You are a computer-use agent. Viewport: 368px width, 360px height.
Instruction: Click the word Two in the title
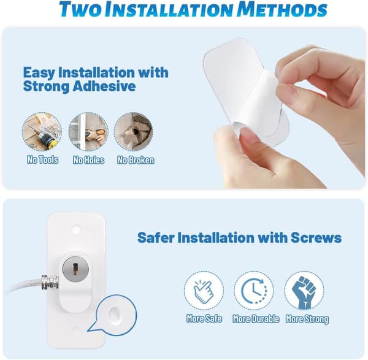80,10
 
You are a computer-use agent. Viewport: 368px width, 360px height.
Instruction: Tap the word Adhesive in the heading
104,86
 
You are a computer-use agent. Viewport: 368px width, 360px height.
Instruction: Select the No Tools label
42,160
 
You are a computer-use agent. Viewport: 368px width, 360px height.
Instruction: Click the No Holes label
88,160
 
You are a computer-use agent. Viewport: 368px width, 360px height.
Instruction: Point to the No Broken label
136,160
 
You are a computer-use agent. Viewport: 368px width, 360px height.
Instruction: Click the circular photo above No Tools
42,132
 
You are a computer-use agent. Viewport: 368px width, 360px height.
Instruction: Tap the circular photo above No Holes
88,132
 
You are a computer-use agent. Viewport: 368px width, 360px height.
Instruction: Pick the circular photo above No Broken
134,132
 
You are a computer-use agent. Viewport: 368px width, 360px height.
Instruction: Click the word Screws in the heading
316,237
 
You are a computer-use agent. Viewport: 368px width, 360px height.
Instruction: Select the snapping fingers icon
203,291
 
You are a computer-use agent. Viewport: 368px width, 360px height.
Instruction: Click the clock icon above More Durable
254,291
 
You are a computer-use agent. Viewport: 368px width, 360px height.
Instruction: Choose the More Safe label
204,318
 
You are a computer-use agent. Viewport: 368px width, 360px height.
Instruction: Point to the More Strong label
307,319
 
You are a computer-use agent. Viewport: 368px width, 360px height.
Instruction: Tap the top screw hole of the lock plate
76,228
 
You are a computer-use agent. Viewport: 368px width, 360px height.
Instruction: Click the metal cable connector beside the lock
50,282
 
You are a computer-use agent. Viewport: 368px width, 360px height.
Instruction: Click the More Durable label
256,319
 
